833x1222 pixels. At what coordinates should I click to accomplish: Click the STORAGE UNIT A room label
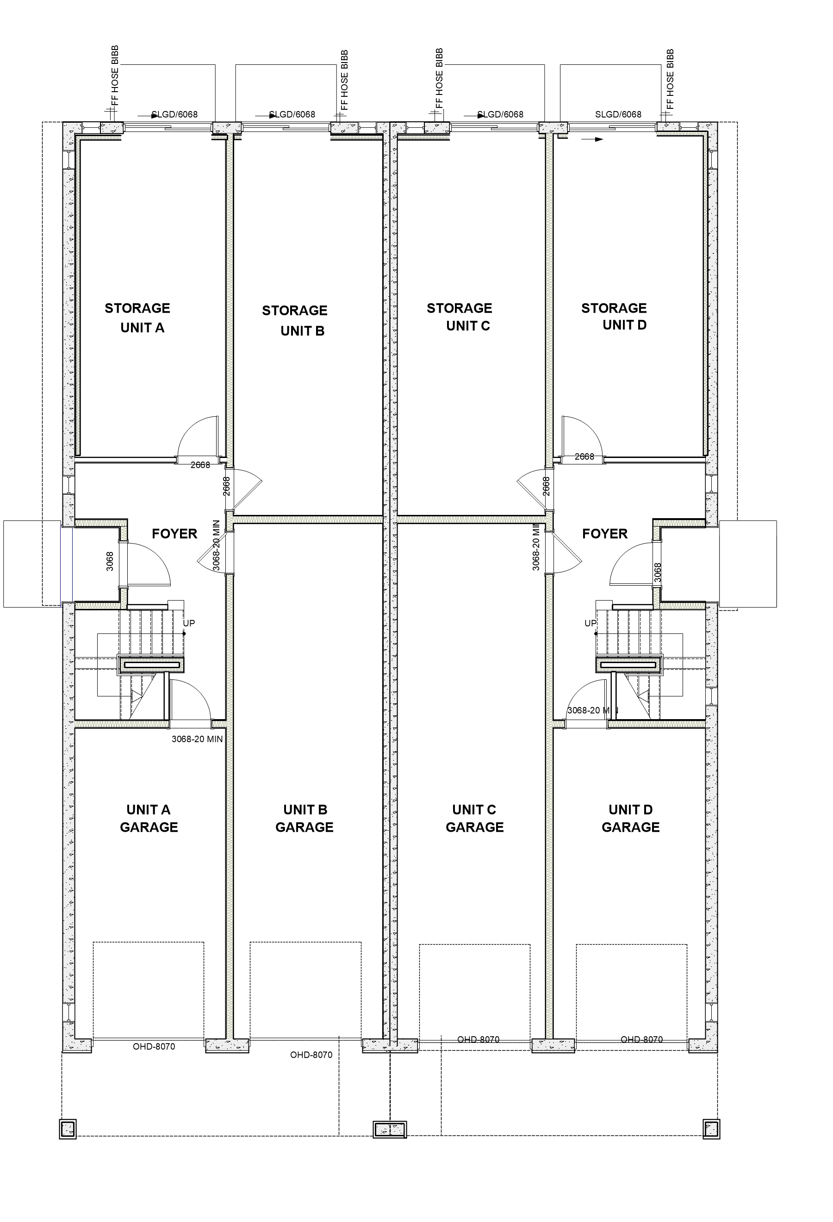tap(138, 318)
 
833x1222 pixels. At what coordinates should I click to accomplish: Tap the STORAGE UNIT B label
tap(295, 321)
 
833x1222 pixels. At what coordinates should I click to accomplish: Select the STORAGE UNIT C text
tap(460, 317)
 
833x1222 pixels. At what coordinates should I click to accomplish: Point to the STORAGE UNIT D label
tap(614, 317)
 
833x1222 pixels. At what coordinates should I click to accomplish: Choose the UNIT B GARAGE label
tap(305, 818)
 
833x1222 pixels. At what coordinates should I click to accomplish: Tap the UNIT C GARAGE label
tap(474, 818)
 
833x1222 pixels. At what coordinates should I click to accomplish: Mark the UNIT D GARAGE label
tap(631, 818)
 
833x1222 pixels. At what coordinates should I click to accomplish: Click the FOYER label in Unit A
tap(174, 534)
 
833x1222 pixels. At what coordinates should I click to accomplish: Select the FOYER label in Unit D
tap(605, 534)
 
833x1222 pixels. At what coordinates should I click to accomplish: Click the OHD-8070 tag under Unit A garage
tap(154, 1047)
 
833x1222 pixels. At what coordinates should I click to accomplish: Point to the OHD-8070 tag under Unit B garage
tap(311, 1055)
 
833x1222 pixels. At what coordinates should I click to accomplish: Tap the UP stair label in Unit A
tap(189, 623)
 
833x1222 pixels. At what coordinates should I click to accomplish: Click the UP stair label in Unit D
tap(591, 623)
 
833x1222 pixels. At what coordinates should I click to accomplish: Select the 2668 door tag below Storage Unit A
tap(200, 465)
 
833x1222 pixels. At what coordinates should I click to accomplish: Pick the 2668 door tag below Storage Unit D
tap(584, 457)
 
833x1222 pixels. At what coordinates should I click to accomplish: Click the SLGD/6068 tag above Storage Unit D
tap(618, 114)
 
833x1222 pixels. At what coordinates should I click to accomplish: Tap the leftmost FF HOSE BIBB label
tap(116, 76)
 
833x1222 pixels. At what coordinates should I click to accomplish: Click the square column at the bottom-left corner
tap(68, 1128)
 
